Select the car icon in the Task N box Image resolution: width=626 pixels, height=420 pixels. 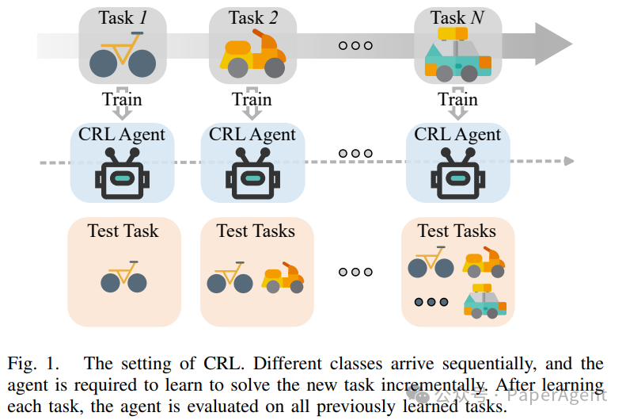457,55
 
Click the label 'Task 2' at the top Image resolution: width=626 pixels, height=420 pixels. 252,17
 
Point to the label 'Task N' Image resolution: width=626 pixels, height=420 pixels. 457,17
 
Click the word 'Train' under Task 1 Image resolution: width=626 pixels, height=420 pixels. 122,100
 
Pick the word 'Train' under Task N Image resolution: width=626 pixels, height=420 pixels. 457,100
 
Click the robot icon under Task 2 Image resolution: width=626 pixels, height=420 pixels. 252,175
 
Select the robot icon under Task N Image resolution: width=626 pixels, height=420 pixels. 457,175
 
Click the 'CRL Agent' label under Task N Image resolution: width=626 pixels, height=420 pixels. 457,134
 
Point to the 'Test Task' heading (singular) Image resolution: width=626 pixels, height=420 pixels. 123,231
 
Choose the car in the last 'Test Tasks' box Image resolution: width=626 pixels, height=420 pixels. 484,301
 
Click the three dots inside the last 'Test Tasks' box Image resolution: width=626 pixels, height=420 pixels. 431,302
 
